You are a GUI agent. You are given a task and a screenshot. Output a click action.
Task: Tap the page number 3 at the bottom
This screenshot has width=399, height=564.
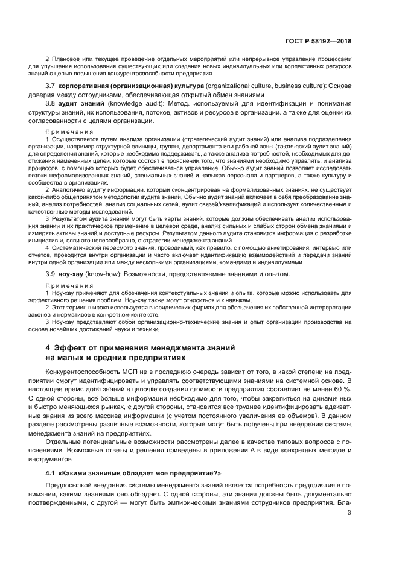350,513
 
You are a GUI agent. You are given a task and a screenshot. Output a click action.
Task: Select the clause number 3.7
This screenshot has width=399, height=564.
51,87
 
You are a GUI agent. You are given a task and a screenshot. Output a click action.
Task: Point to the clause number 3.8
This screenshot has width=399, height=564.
51,104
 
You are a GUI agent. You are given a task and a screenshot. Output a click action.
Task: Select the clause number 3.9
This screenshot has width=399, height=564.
51,274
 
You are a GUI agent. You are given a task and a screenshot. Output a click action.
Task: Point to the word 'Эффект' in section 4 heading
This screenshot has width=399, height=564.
72,348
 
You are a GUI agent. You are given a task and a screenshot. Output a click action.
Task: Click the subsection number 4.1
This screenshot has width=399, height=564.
51,474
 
